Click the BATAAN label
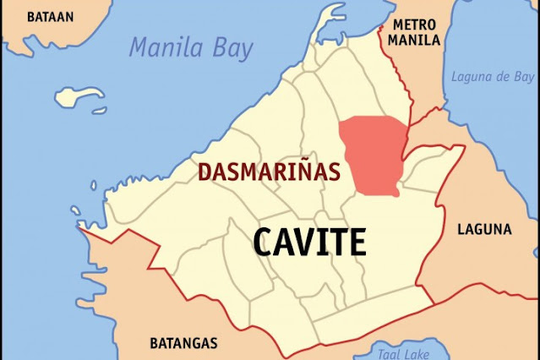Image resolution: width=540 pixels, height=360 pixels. pyautogui.click(x=50, y=16)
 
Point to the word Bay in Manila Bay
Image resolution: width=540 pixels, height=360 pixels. pyautogui.click(x=231, y=48)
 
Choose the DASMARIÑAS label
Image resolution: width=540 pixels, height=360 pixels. pyautogui.click(x=269, y=172)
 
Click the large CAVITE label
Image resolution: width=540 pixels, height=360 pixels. pyautogui.click(x=310, y=243)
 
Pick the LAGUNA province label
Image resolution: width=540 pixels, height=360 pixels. pyautogui.click(x=484, y=229)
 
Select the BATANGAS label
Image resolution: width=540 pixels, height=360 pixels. pyautogui.click(x=183, y=343)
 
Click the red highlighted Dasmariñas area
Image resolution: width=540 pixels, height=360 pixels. pyautogui.click(x=372, y=152)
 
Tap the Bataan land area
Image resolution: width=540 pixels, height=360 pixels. pyautogui.click(x=34, y=38)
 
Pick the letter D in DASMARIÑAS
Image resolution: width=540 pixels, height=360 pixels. pyautogui.click(x=204, y=172)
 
